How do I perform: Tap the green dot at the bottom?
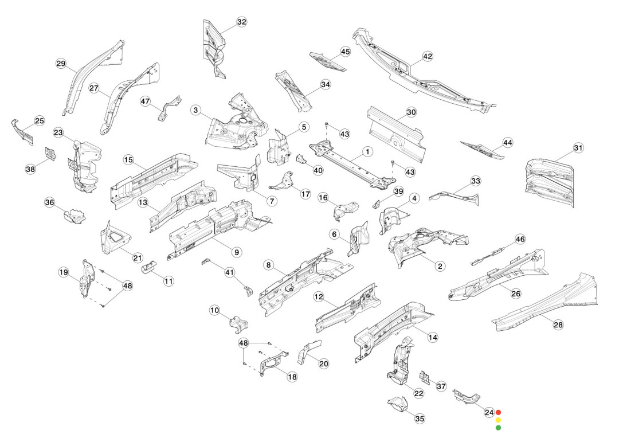coord(498,427)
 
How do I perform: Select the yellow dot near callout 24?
coord(498,420)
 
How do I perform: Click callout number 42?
coord(428,56)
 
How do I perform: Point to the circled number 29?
coord(61,64)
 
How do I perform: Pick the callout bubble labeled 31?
coord(578,148)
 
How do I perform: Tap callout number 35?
coord(420,419)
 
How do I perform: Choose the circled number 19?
coord(64,272)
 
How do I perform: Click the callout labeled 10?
coord(215,310)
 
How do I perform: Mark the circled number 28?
coord(558,324)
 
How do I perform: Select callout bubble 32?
coord(241,22)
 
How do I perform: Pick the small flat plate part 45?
coord(328,60)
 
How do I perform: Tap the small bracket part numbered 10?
coord(238,324)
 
